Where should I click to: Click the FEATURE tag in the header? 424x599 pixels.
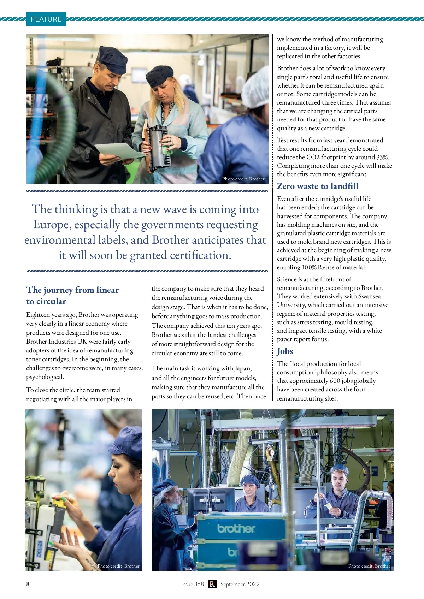pos(46,19)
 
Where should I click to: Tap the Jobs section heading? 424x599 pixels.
pos(285,351)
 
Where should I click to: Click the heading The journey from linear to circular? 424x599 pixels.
pos(72,295)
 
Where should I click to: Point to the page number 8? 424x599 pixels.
pos(28,584)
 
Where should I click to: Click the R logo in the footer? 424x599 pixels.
pos(212,584)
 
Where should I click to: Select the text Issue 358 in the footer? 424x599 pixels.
pos(193,584)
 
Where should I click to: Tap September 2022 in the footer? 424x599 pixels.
pos(240,584)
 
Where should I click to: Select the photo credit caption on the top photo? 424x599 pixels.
pos(243,179)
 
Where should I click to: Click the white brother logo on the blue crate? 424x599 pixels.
pos(236,528)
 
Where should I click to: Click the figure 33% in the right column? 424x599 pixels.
pos(382,157)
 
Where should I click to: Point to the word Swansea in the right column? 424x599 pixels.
pos(369,296)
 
